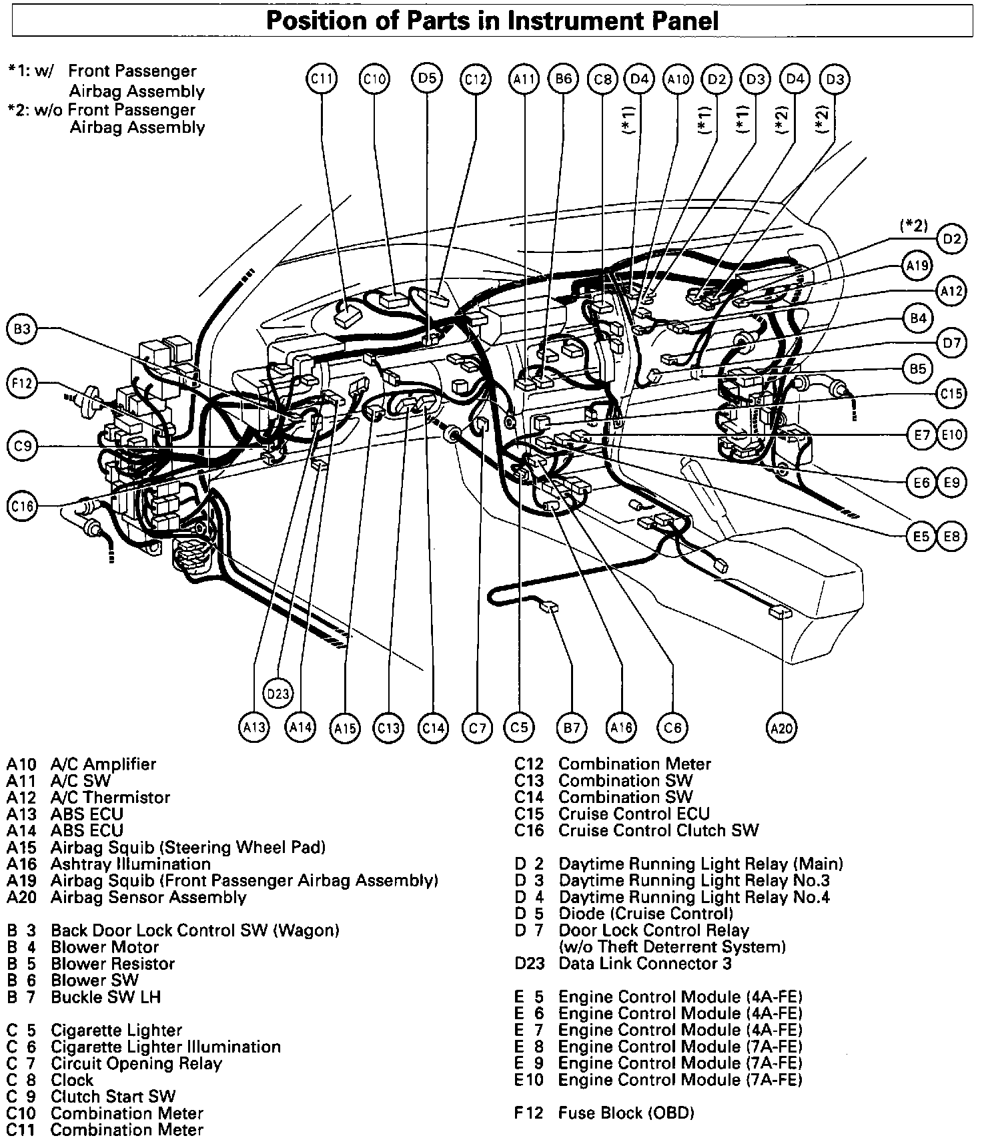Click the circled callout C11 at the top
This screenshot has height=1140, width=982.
pos(322,79)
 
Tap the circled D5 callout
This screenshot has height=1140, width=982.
pos(426,78)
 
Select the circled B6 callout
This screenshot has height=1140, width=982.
pos(563,79)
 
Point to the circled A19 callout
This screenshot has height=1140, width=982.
pos(917,266)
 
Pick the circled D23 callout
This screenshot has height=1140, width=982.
pos(278,693)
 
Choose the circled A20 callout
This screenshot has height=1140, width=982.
pos(781,728)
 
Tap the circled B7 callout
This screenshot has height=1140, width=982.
pos(572,728)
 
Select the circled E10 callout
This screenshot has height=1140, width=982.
pos(952,435)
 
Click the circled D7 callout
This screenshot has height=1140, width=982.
pos(952,343)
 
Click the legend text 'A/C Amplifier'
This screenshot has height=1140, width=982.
pos(103,764)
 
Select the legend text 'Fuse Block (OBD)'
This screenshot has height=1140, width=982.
pos(626,1113)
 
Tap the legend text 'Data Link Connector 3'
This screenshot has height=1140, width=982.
pos(645,964)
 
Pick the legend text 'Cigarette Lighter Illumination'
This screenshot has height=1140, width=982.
pos(165,1047)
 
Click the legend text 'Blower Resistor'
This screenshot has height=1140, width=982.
pos(113,964)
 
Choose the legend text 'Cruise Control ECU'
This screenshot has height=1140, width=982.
pos(634,814)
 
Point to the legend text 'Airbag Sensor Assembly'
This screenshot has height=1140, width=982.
pos(149,898)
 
